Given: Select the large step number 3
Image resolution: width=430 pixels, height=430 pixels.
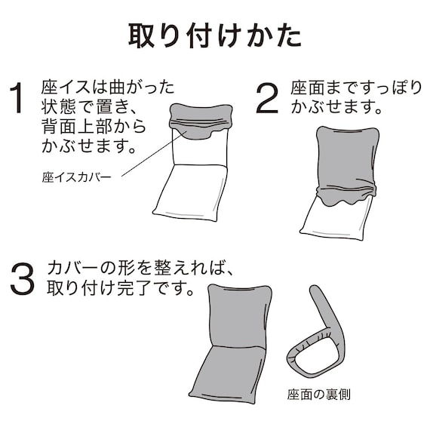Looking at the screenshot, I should coord(23,279).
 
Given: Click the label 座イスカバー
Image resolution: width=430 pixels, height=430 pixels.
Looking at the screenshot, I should coord(75,178).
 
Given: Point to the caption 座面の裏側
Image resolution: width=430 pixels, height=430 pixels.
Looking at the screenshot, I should coord(318,394).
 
